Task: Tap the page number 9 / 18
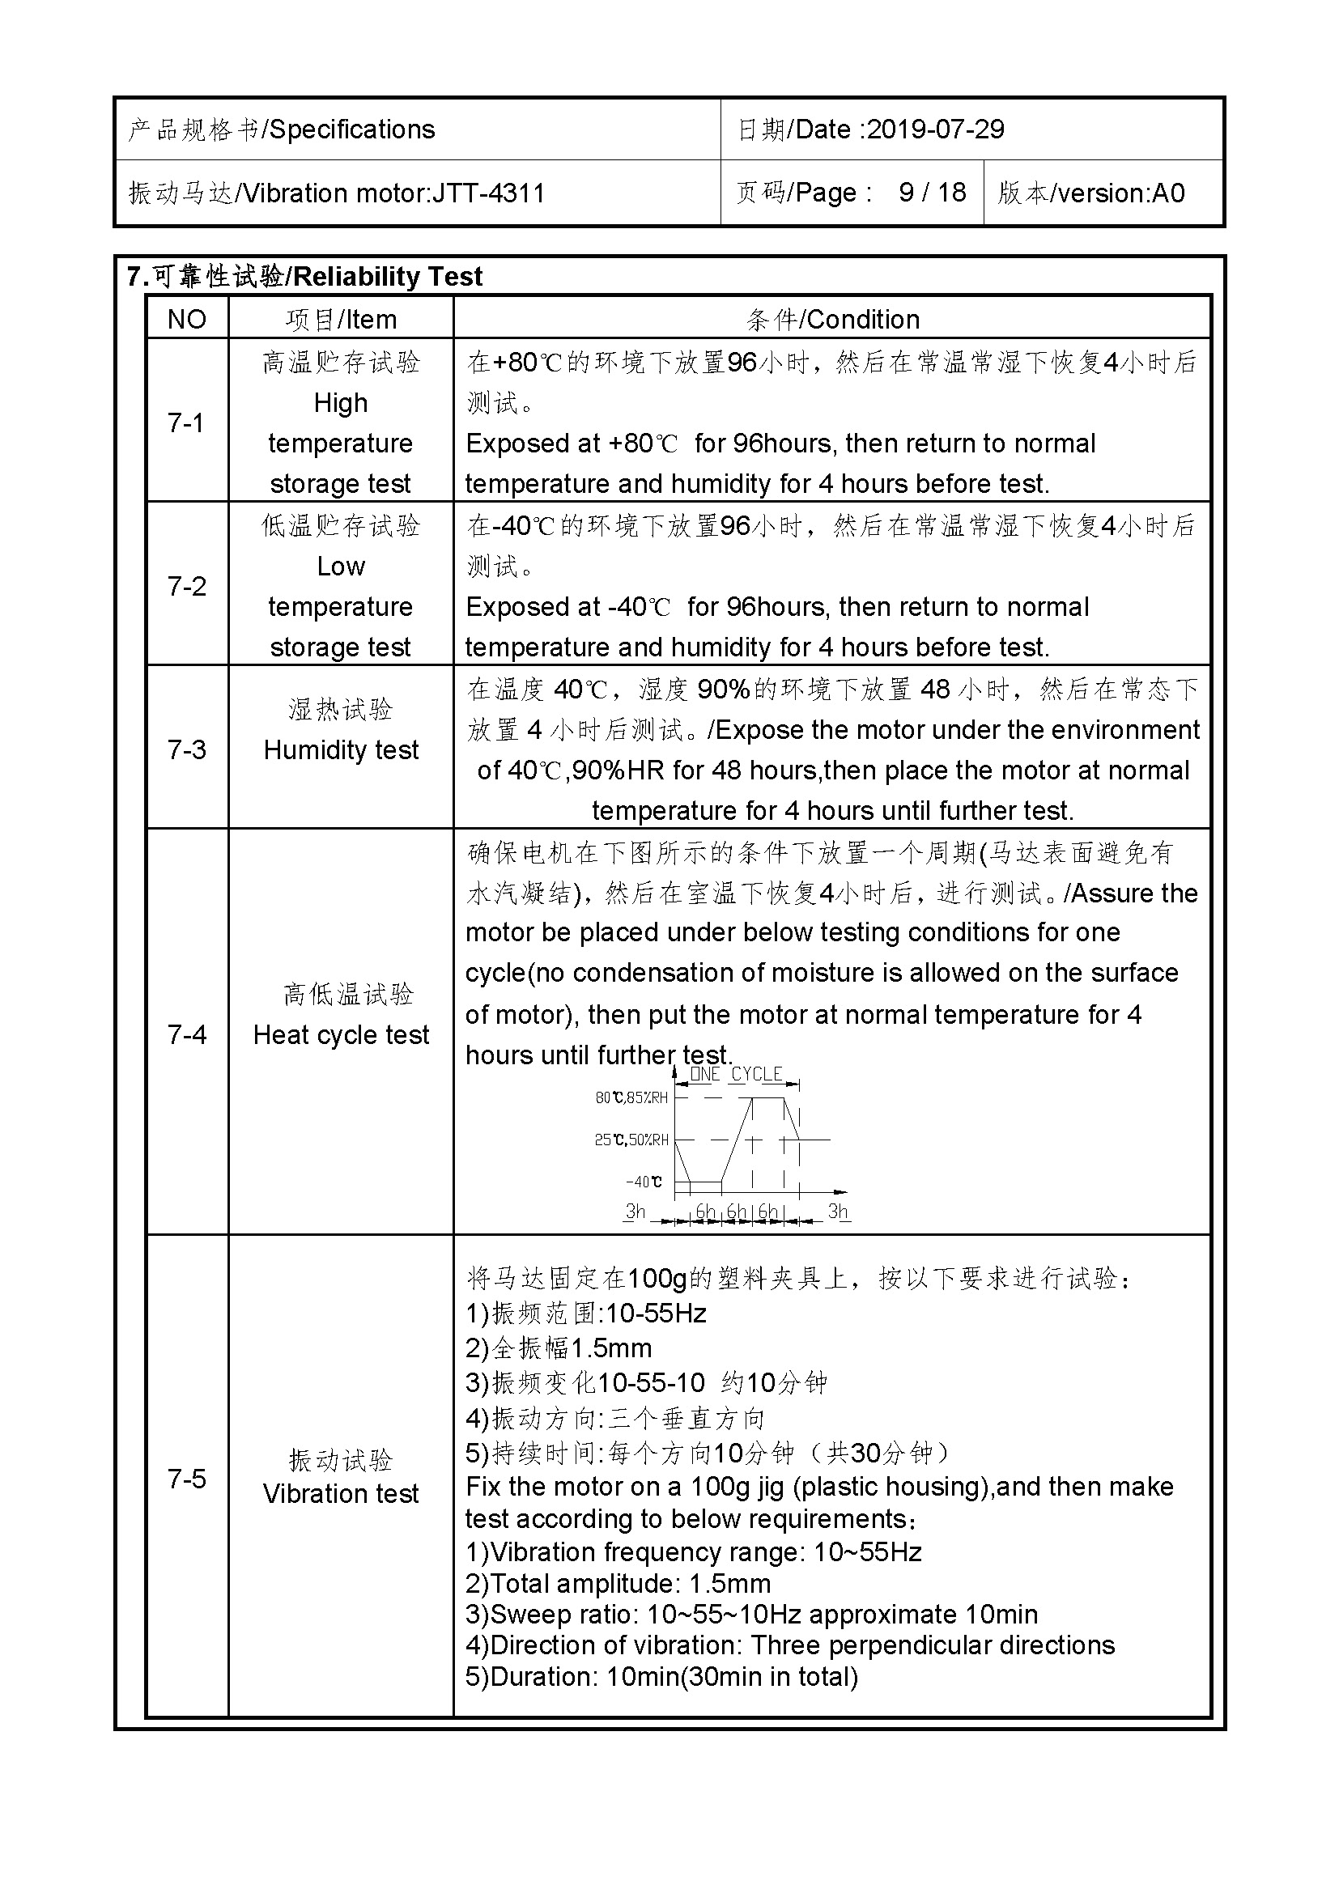coord(932,193)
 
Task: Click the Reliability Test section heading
coord(388,276)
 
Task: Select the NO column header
coord(186,319)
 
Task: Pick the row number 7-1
coord(185,422)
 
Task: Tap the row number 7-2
coord(186,586)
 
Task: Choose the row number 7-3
coord(186,749)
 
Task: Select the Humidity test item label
coord(341,749)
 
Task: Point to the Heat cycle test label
coord(341,1035)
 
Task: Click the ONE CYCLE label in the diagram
coord(735,1074)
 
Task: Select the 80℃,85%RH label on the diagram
coord(631,1097)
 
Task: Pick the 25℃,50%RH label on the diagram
coord(631,1140)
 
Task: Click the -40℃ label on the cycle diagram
coord(643,1182)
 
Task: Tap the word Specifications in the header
coord(352,129)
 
